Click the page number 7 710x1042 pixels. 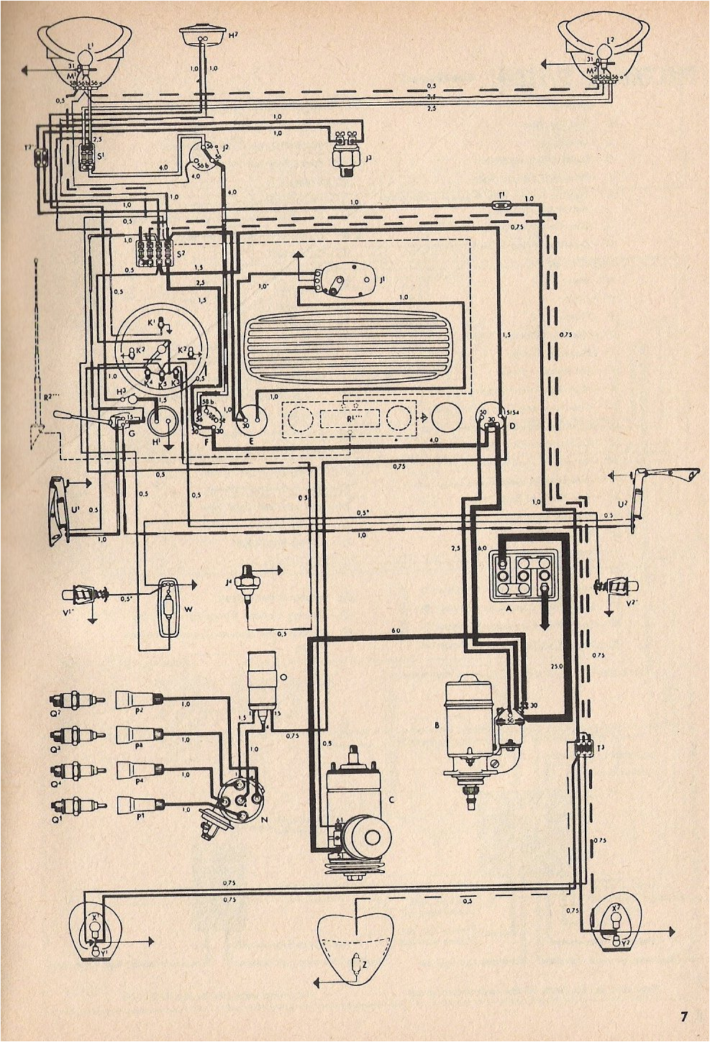pyautogui.click(x=683, y=1015)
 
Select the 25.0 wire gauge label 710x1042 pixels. pyautogui.click(x=556, y=666)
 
